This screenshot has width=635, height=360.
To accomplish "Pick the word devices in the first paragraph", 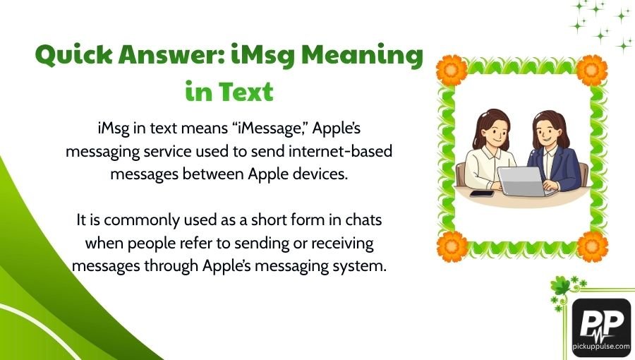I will [313, 174].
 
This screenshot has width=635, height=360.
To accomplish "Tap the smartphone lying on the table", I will [481, 193].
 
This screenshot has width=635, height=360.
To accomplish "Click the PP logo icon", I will [601, 321].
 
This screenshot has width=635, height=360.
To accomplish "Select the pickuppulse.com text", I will [601, 349].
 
